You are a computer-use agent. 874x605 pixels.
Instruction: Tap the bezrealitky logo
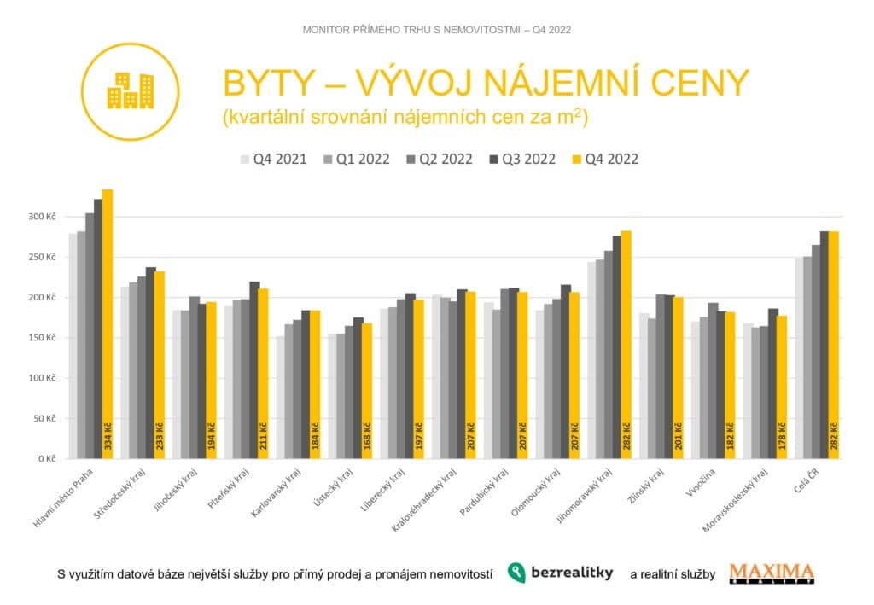[560, 573]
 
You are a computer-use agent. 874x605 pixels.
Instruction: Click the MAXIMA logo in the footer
[772, 573]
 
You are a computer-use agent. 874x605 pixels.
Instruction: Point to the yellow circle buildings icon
[130, 90]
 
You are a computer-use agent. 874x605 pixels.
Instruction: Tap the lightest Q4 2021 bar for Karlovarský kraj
[280, 397]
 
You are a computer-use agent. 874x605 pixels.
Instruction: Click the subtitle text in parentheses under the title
[405, 119]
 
